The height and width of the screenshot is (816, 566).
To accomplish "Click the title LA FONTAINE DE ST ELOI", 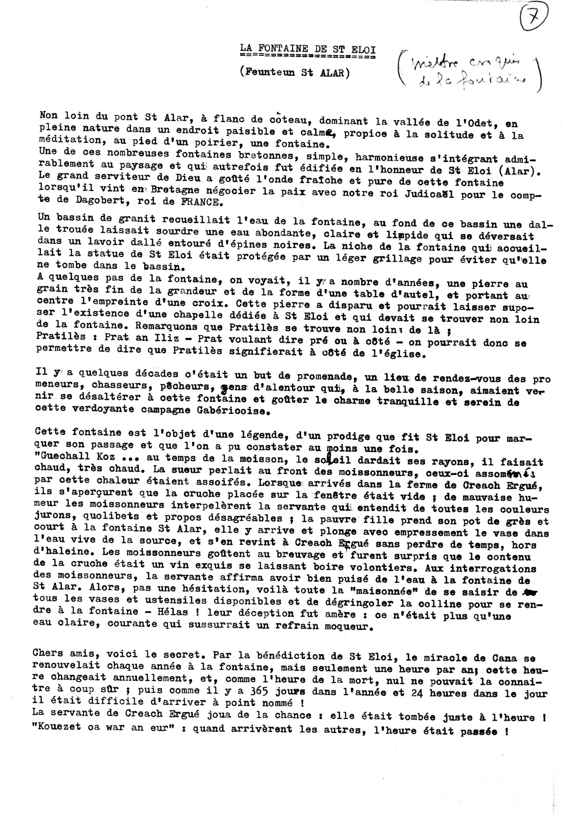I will (x=308, y=49).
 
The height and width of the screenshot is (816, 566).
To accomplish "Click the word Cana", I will (x=505, y=658).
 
